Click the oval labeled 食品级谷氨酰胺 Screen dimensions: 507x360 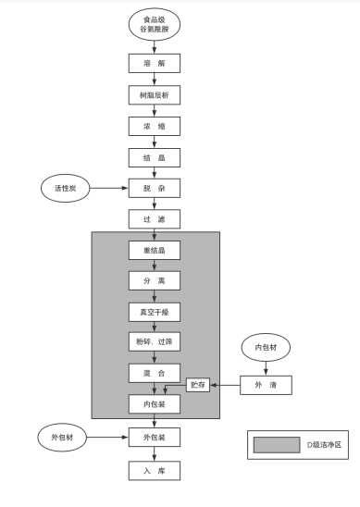[x=154, y=25]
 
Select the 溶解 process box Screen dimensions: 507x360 [x=154, y=65]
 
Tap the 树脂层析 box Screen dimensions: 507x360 [x=154, y=95]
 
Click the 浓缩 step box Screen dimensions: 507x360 [x=154, y=127]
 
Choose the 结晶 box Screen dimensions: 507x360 [x=154, y=157]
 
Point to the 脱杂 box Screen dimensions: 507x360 [x=154, y=189]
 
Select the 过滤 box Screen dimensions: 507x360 [x=154, y=220]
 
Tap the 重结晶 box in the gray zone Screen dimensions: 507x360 [x=154, y=251]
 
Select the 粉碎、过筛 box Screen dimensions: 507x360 [x=154, y=341]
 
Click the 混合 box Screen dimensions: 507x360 [x=154, y=373]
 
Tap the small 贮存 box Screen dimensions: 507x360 [x=197, y=384]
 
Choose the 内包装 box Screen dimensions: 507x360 [x=154, y=403]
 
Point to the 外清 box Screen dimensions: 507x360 [x=267, y=384]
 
